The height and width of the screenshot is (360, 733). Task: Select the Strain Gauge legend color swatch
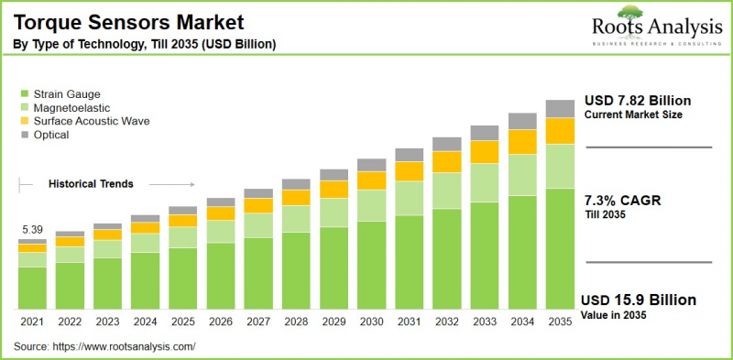click(23, 93)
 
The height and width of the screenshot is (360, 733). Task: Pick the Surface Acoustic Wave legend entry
click(91, 121)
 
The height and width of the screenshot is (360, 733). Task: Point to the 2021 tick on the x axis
click(32, 322)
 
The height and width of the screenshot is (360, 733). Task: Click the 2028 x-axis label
click(296, 322)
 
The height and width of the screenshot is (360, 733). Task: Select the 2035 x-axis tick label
click(560, 322)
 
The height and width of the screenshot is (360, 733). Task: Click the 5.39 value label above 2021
click(32, 228)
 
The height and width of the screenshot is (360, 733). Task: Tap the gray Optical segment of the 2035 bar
click(560, 108)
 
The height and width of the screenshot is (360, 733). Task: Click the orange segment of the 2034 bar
click(522, 142)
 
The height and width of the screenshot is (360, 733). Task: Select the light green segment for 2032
click(447, 191)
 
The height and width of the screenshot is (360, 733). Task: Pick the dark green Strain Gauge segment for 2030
click(371, 264)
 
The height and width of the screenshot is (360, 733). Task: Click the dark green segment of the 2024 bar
click(145, 279)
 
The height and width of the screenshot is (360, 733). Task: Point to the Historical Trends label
click(91, 184)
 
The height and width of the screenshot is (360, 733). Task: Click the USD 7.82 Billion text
click(637, 100)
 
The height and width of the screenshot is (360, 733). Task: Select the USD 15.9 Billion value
click(639, 300)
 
